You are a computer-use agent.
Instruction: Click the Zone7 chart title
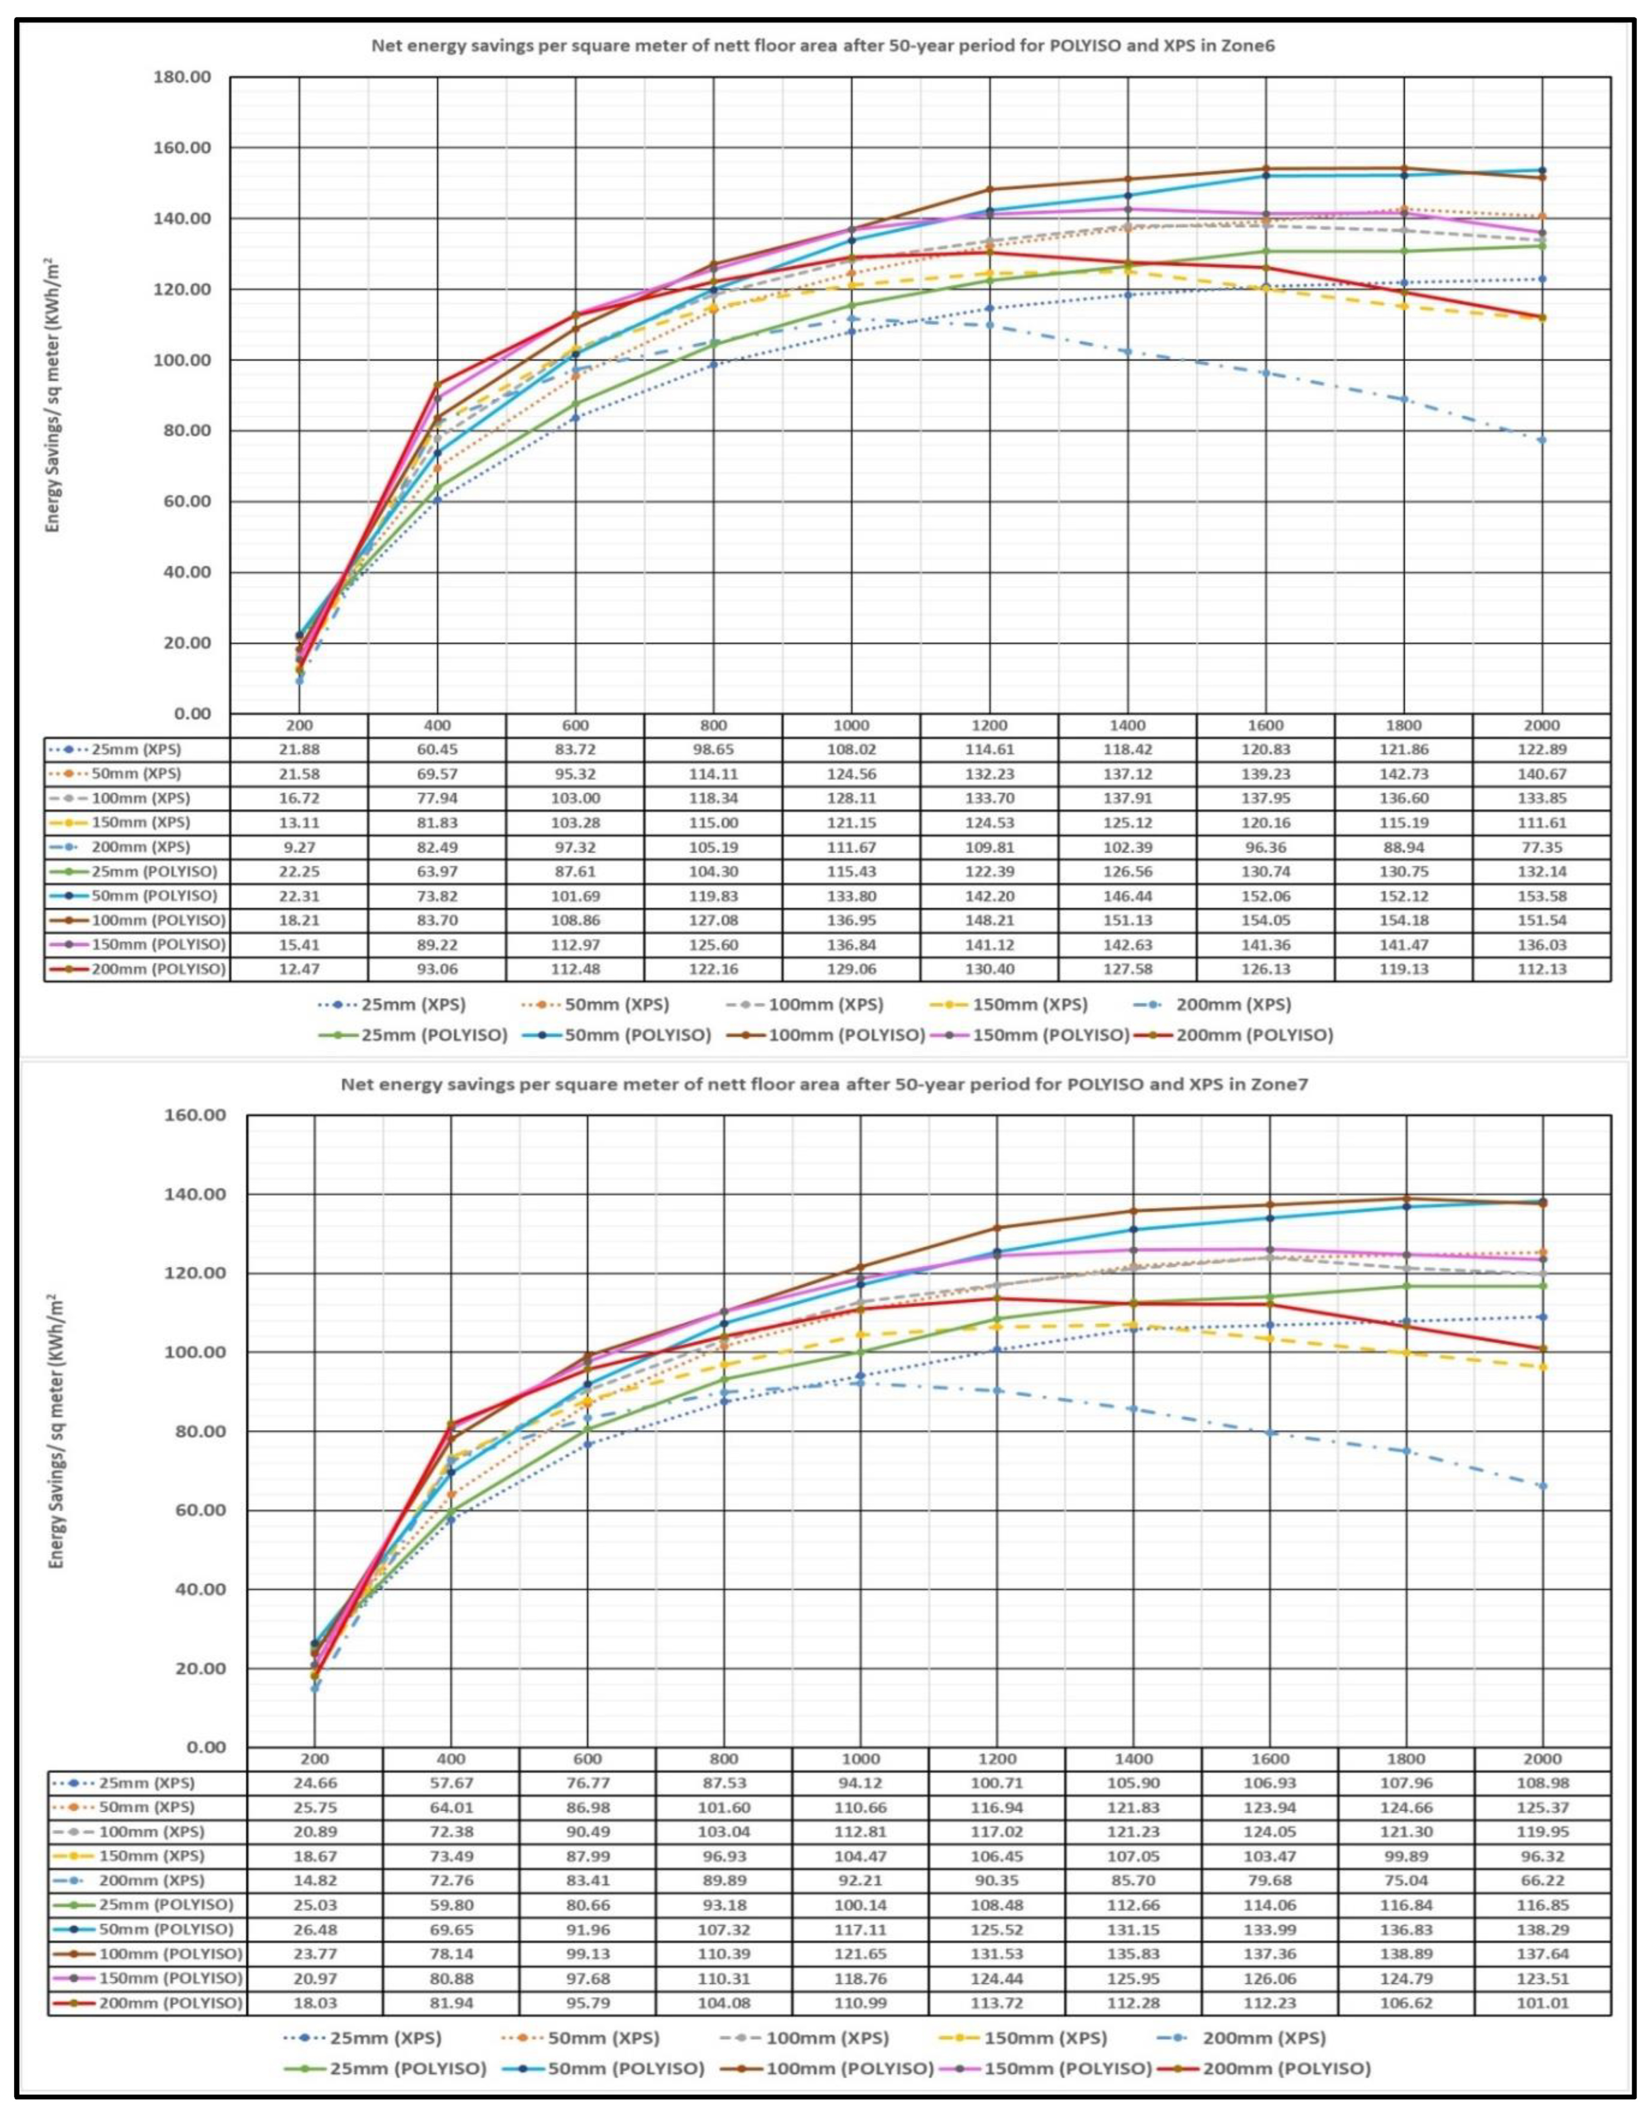pos(824,1085)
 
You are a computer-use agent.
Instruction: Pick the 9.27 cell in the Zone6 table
pos(299,847)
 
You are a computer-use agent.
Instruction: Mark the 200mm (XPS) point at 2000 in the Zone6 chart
pos(1542,440)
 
